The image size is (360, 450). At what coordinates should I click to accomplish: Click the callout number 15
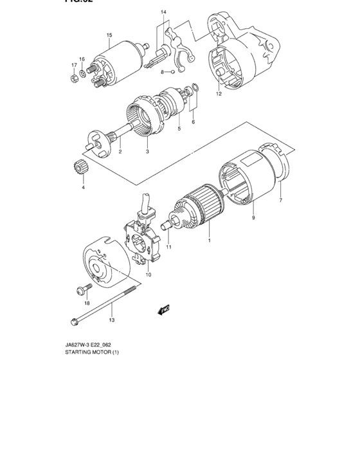click(109, 35)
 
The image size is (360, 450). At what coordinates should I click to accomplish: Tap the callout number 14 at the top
click(163, 12)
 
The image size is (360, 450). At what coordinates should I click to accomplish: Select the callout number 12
click(218, 94)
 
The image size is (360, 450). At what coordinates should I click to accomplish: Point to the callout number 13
click(111, 319)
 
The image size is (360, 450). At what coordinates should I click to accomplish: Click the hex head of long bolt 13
click(72, 319)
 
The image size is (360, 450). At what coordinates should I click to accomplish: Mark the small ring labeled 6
click(195, 96)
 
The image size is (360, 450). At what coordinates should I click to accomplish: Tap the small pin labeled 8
click(172, 71)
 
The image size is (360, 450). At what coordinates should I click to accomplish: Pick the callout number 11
click(168, 247)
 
